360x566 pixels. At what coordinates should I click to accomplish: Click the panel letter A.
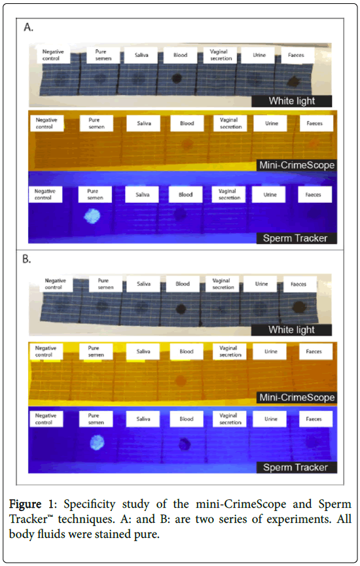(29, 27)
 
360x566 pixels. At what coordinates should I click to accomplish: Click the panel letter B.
(26, 259)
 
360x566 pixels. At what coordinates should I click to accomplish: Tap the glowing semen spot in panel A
(92, 216)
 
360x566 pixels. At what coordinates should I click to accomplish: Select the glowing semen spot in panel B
(97, 442)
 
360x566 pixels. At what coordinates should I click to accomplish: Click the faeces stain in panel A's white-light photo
(294, 82)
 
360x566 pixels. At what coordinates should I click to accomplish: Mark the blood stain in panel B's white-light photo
(181, 309)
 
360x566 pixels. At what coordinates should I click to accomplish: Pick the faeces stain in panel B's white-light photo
(299, 307)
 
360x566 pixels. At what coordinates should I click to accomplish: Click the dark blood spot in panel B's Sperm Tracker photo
(185, 444)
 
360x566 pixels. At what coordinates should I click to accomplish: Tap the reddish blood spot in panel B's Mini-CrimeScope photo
(181, 380)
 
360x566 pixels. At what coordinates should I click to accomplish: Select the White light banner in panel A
(291, 101)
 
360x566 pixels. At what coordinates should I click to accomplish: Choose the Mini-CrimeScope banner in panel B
(297, 397)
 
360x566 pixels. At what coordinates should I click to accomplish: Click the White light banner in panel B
(291, 330)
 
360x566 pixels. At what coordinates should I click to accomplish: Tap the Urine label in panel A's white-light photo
(259, 55)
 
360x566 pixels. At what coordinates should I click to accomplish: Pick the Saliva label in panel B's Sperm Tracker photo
(143, 419)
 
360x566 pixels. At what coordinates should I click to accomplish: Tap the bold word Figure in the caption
(26, 504)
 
